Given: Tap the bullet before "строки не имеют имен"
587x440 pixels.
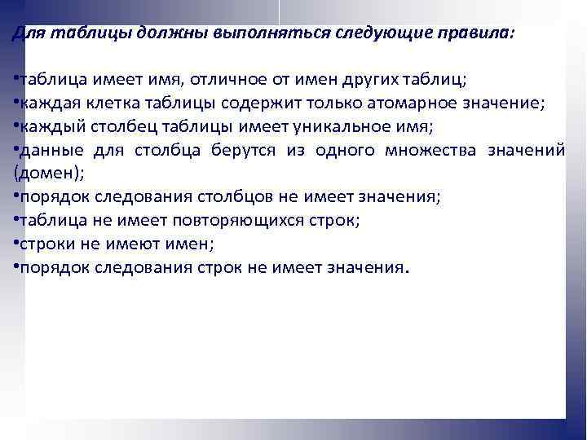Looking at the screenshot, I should (x=15, y=244).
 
